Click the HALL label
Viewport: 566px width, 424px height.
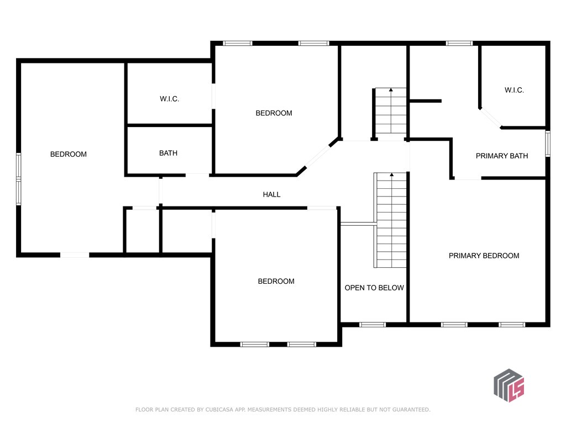(x=271, y=194)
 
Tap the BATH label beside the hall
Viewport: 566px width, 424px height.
(x=168, y=153)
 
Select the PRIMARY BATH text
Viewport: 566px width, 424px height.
(x=502, y=156)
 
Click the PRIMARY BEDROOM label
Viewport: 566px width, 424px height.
(x=484, y=256)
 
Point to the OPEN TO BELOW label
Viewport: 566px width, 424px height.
(x=374, y=288)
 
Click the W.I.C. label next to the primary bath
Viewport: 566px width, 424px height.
(x=514, y=90)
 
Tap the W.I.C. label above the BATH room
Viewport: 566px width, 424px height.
(x=169, y=99)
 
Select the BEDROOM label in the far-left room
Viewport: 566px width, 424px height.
(x=69, y=154)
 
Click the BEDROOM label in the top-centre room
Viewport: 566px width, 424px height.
(x=274, y=113)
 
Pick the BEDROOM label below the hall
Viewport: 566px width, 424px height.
(x=276, y=281)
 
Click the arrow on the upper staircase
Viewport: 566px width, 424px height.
(x=391, y=89)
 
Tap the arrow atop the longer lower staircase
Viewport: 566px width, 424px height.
(x=392, y=175)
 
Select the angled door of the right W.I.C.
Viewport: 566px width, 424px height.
(x=490, y=118)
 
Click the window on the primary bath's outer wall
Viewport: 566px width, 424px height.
(x=548, y=143)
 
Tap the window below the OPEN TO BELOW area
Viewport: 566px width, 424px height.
(x=373, y=325)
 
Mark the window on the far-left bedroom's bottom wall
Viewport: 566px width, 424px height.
(x=75, y=255)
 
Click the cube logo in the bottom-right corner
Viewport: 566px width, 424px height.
(x=509, y=385)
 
